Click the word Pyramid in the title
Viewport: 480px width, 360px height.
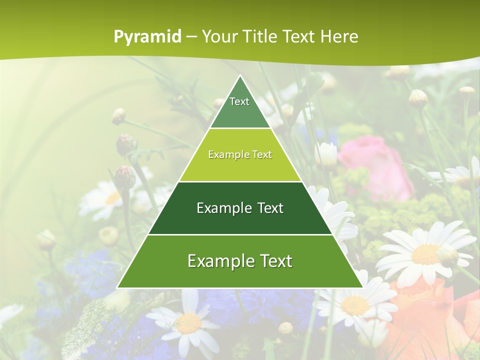point(147,37)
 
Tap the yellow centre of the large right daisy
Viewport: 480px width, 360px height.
point(425,253)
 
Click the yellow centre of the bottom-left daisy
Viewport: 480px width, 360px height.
point(189,323)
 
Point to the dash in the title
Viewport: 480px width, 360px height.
point(191,37)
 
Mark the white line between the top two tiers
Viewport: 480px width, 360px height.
point(240,128)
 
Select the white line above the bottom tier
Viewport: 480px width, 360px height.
point(240,234)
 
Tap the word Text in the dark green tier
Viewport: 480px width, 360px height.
point(270,208)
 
